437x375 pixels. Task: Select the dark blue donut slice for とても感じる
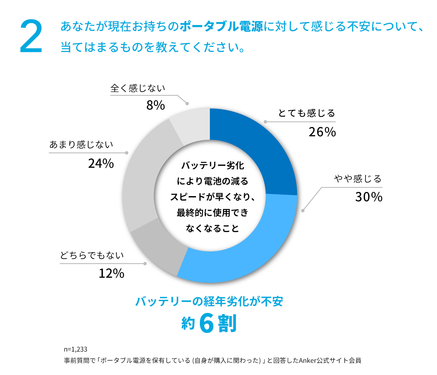[257, 146]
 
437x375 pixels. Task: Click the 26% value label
[322, 132]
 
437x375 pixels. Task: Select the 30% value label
[368, 197]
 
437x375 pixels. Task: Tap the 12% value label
[111, 273]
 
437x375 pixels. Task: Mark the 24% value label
[101, 163]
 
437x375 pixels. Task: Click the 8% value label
[156, 105]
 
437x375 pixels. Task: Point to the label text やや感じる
[358, 179]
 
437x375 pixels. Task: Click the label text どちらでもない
[92, 255]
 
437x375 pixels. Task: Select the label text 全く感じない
[137, 88]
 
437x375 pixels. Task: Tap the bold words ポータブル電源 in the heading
[221, 27]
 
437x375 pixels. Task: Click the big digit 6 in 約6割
[207, 324]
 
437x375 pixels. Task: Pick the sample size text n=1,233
[76, 349]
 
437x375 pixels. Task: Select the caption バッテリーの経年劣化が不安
[209, 301]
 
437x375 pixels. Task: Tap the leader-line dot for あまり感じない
[126, 153]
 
